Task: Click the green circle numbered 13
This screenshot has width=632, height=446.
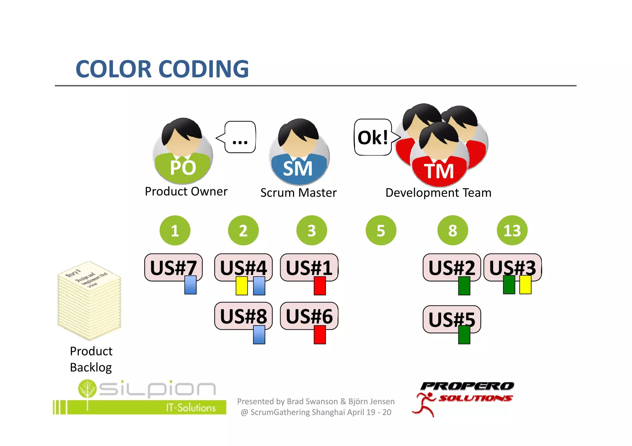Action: pyautogui.click(x=512, y=230)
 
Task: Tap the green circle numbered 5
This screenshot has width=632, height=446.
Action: pyautogui.click(x=381, y=230)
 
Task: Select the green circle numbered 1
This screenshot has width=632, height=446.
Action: pyautogui.click(x=175, y=230)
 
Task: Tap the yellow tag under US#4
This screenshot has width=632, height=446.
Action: pyautogui.click(x=242, y=286)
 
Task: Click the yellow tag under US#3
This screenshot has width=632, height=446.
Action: pyautogui.click(x=525, y=284)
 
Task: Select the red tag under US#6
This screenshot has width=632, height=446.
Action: pyautogui.click(x=320, y=334)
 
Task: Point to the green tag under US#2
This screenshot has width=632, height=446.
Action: pyautogui.click(x=464, y=286)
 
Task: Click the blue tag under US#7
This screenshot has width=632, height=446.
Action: pyautogui.click(x=190, y=285)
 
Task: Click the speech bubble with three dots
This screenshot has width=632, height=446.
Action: pyautogui.click(x=240, y=137)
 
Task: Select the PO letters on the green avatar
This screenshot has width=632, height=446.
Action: pyautogui.click(x=183, y=168)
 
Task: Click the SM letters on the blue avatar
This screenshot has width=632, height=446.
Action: pyautogui.click(x=298, y=169)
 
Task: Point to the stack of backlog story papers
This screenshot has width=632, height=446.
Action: pyautogui.click(x=89, y=301)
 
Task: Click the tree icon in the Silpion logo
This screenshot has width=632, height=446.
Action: pyautogui.click(x=87, y=389)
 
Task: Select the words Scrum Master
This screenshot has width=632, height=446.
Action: pyautogui.click(x=298, y=193)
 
